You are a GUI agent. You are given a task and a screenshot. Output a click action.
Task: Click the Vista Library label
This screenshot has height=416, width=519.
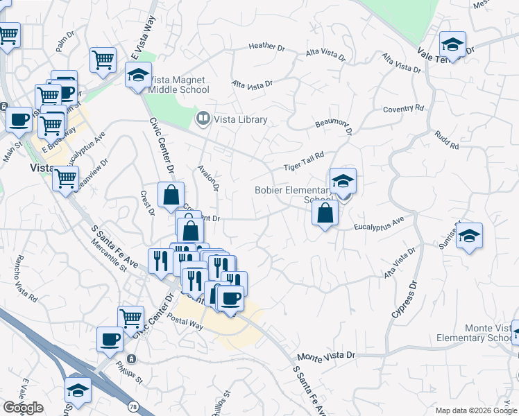[240, 119]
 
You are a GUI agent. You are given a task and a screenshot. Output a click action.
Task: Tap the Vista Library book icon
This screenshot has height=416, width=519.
[203, 119]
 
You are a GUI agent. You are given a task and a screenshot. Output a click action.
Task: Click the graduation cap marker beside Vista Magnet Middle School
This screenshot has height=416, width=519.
[138, 75]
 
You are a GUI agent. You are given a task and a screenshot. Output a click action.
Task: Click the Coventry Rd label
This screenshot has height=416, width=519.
[403, 109]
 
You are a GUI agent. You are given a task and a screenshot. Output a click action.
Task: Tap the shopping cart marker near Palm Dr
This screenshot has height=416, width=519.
[103, 60]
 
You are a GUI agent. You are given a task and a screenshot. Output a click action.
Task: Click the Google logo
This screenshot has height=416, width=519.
[22, 408]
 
